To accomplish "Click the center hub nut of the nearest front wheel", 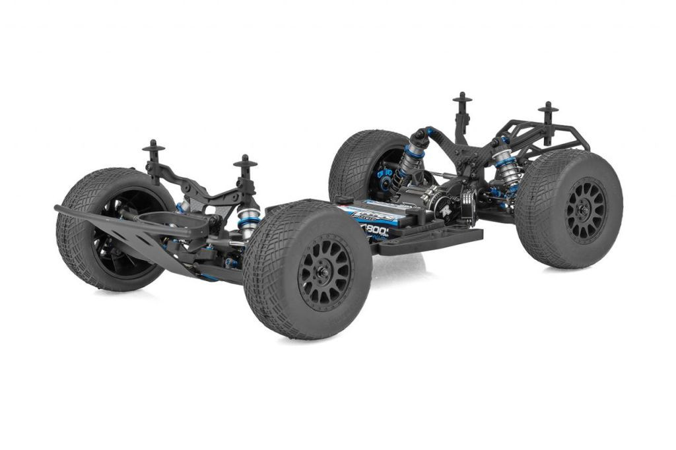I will pyautogui.click(x=325, y=272).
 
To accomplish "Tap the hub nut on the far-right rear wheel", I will pyautogui.click(x=584, y=210).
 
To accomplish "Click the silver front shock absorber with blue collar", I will pyautogui.click(x=248, y=221).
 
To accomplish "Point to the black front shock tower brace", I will pyautogui.click(x=198, y=188).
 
